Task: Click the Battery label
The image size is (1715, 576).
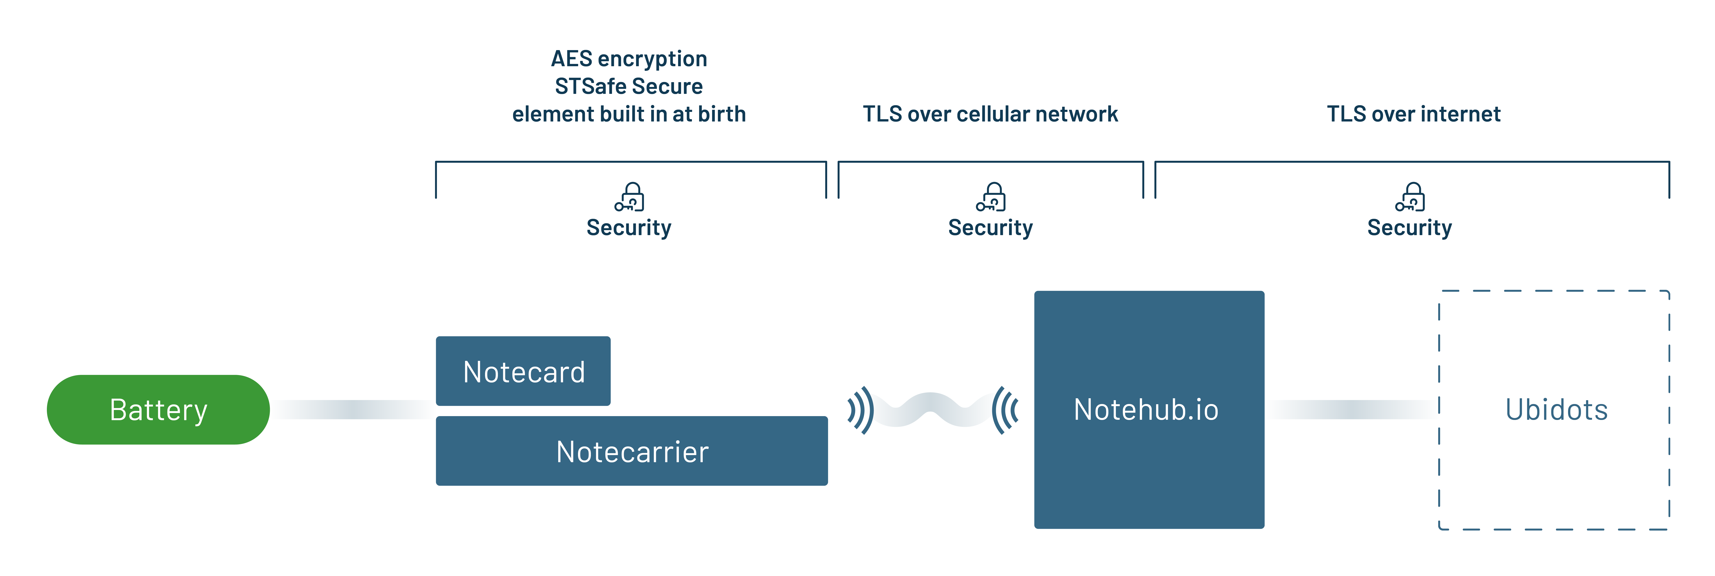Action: [x=158, y=410]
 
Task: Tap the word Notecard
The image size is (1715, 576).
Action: [x=524, y=373]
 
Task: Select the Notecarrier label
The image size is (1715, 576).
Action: [x=632, y=452]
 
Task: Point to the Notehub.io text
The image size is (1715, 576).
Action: [x=1146, y=410]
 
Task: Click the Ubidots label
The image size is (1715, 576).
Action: [x=1557, y=410]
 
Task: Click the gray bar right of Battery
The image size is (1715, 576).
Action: [x=353, y=422]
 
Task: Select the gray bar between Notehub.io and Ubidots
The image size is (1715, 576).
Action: [x=1352, y=423]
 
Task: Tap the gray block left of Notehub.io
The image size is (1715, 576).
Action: [x=932, y=420]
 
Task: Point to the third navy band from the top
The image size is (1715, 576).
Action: [x=857, y=113]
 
